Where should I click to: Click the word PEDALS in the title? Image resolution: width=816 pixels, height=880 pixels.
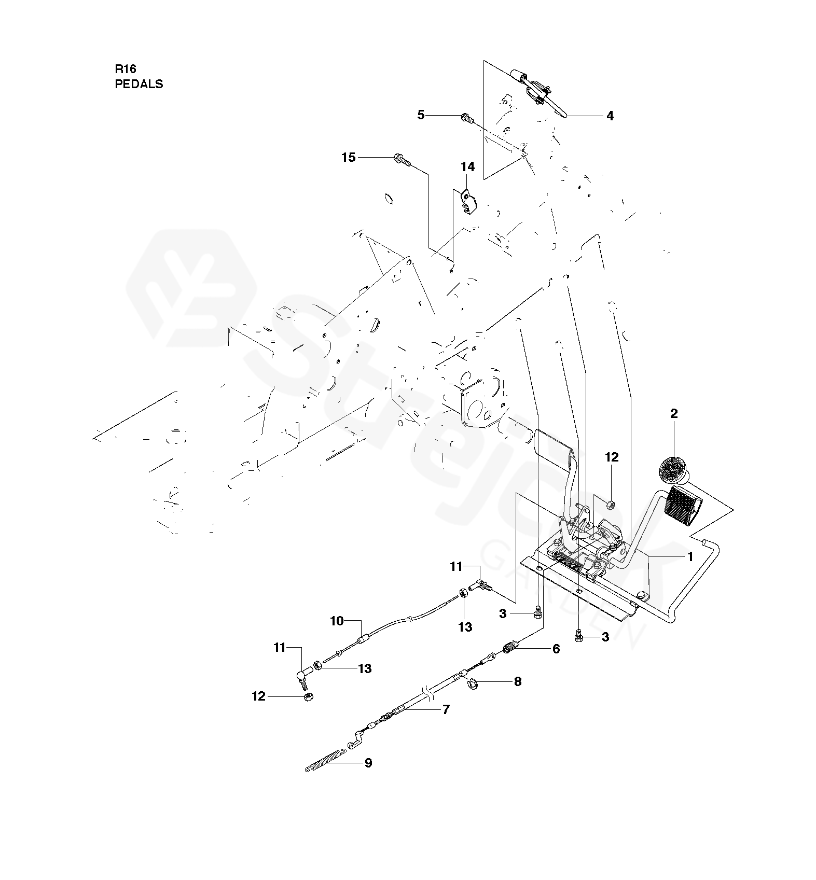(139, 84)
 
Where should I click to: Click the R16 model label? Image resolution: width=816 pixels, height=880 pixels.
(125, 69)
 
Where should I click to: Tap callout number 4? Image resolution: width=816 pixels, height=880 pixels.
(610, 116)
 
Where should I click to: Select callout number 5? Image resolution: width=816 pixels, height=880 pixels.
(421, 115)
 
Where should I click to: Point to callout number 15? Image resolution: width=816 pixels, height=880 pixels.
(349, 157)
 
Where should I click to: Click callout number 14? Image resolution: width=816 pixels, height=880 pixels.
(467, 166)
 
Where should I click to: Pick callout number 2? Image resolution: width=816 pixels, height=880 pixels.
(674, 413)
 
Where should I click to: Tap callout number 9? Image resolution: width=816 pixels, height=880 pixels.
(368, 763)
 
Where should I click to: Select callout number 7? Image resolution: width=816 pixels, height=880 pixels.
(446, 709)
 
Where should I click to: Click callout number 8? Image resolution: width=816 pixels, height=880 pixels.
(517, 681)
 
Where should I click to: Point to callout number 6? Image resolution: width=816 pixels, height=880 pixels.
(556, 649)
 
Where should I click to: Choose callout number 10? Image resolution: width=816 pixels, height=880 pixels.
(337, 620)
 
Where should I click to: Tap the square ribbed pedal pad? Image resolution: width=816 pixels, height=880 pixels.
(683, 506)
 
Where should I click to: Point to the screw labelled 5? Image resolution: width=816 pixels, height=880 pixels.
(466, 119)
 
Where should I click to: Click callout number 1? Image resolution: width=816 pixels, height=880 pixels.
(689, 556)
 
